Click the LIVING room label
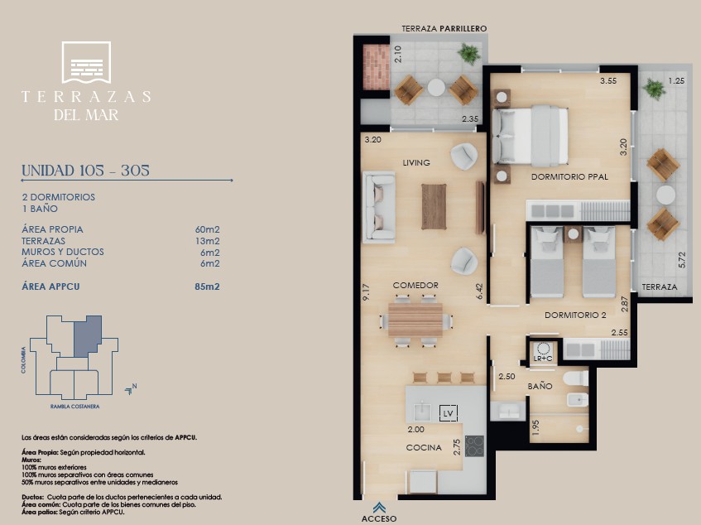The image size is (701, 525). pos(416,163)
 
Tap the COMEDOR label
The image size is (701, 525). pos(415,286)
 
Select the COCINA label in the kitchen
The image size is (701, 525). pos(424,448)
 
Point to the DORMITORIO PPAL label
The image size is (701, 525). pos(569,176)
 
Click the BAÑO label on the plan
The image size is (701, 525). pos(540,386)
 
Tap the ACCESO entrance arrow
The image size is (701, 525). pos(379,508)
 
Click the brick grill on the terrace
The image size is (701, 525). pos(377,67)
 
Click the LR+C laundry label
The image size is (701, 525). pos(543,359)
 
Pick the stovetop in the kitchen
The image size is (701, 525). pos(474,446)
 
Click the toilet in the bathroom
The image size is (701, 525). pos(576,378)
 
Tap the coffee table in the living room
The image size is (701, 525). pos(435,206)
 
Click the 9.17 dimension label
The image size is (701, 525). pos(366,292)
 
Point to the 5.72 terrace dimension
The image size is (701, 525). pos(682,260)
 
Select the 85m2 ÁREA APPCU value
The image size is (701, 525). pos(207,287)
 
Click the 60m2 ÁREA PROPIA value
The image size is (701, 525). pos(207,229)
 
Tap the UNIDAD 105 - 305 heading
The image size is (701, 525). pos(85,171)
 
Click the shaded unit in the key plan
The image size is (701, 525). pos(86,335)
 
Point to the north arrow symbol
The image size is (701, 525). pos(131,389)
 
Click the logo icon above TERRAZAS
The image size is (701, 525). pos(86,62)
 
